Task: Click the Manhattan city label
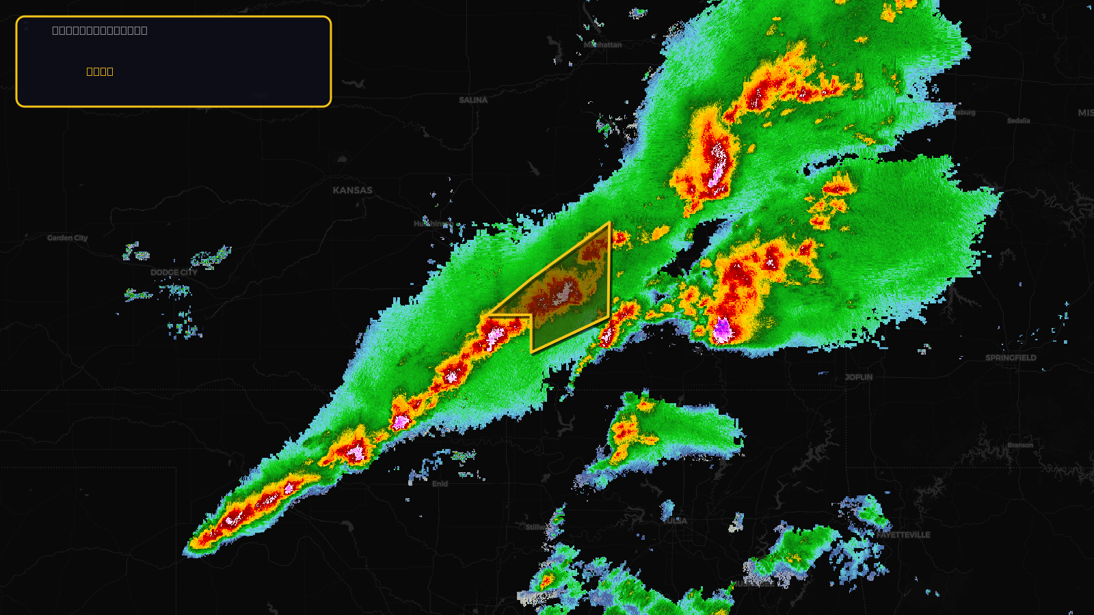coord(603,45)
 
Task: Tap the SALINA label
coord(473,100)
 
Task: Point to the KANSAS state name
coord(353,191)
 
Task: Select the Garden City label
coord(68,238)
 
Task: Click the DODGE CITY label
coord(174,273)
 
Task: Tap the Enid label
coord(440,484)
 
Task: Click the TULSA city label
coord(676,521)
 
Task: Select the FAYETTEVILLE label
coord(903,535)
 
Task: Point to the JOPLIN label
coord(858,377)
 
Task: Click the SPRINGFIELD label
coord(1011,358)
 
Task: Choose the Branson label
coord(1020,446)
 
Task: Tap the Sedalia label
coord(1018,121)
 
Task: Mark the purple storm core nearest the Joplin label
coord(722,331)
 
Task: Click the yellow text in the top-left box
coord(100,72)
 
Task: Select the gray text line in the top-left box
coord(100,31)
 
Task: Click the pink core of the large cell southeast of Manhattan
coord(717,167)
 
